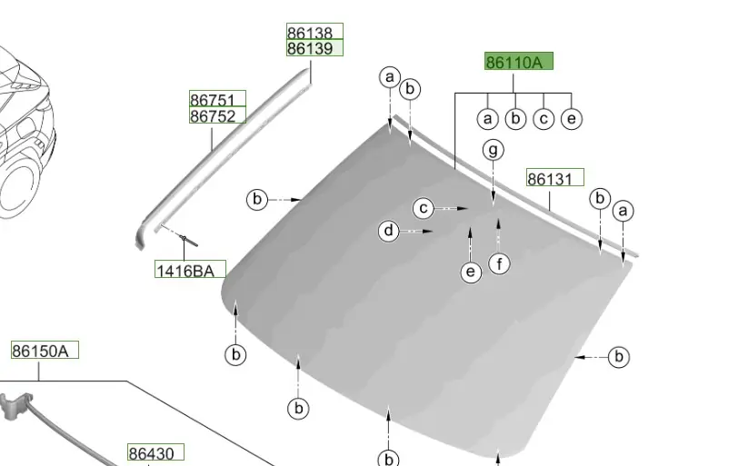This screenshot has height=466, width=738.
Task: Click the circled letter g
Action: (493, 149)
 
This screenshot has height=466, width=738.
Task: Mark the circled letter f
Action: (498, 264)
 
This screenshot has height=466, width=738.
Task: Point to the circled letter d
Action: (389, 232)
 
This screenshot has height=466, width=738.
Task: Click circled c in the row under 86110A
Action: (544, 118)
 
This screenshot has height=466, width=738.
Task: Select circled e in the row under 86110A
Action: (571, 118)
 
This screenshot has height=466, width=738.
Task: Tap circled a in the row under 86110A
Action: (488, 118)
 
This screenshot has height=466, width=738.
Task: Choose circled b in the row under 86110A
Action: (515, 118)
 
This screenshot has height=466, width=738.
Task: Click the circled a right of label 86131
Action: (623, 211)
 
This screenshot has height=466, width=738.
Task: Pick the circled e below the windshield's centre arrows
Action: (470, 271)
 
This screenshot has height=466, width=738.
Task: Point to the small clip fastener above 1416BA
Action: (184, 239)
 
